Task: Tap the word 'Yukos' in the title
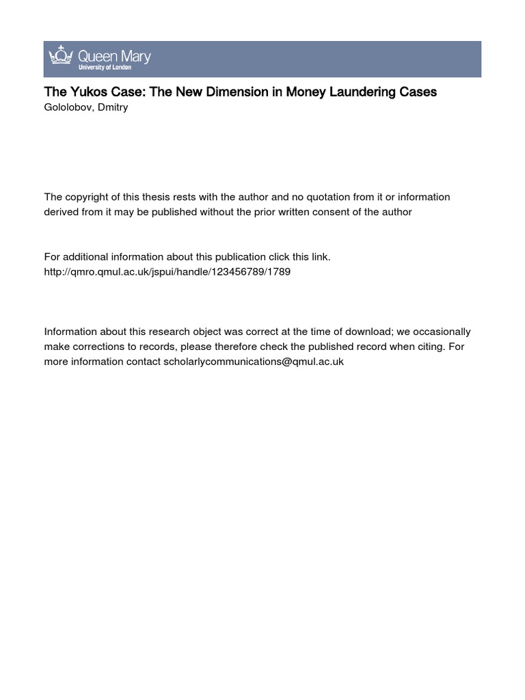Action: [83, 92]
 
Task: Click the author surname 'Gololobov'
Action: [69, 107]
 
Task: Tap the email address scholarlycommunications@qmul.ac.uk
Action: [254, 362]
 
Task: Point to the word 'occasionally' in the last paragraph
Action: [442, 332]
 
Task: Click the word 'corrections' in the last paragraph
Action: [96, 347]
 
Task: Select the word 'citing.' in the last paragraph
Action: [429, 347]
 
